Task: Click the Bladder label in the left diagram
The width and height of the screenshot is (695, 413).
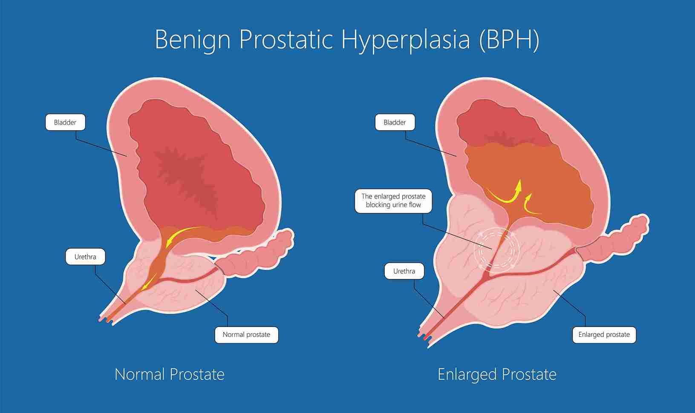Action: click(65, 122)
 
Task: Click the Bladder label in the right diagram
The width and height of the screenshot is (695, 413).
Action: click(395, 122)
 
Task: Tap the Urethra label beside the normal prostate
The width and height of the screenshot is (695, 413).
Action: click(85, 257)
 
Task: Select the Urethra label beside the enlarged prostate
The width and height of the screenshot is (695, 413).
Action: click(404, 271)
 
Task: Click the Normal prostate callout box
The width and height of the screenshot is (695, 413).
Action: click(246, 335)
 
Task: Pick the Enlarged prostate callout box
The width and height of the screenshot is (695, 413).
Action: click(604, 335)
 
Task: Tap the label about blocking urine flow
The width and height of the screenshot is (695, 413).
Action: click(393, 201)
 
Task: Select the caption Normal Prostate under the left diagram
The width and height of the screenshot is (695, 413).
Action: click(170, 374)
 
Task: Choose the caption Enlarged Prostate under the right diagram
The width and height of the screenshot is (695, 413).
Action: click(497, 374)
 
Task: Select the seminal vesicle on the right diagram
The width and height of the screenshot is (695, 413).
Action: click(613, 239)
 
